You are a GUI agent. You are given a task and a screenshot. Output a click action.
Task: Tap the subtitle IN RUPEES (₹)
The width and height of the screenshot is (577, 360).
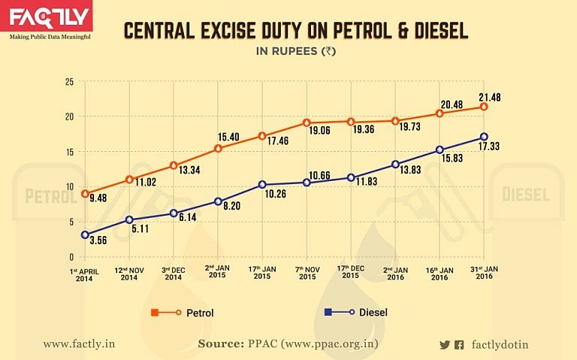pos(295,52)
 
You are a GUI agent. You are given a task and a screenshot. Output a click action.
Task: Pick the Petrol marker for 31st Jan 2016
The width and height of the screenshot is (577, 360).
pos(484,107)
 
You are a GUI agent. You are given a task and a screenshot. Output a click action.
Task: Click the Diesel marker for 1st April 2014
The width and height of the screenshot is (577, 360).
pos(86,234)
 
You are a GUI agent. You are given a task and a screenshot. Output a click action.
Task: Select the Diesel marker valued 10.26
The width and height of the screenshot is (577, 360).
pos(262,185)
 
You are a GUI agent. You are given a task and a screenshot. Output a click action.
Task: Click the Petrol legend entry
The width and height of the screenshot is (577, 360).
pos(188,312)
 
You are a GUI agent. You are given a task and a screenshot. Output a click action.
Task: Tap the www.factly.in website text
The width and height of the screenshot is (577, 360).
pos(78,344)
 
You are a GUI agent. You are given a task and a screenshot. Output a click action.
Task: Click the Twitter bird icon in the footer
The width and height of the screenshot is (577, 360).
pos(444,345)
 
